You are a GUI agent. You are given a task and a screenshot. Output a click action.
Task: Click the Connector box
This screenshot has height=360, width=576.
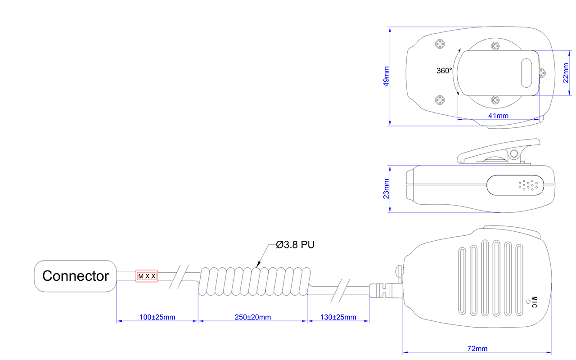click(76, 276)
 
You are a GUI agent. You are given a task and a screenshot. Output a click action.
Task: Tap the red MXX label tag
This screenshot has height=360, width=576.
click(147, 276)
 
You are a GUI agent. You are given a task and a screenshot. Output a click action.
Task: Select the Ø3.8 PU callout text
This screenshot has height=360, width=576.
click(295, 245)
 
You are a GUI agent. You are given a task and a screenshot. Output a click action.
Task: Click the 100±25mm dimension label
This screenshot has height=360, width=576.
click(157, 317)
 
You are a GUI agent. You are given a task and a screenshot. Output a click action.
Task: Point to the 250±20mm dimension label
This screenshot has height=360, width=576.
click(252, 317)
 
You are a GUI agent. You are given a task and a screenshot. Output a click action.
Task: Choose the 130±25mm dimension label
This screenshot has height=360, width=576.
click(338, 317)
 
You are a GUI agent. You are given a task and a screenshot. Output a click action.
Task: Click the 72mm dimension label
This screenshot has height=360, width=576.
click(477, 349)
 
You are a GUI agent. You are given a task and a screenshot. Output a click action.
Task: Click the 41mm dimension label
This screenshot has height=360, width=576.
click(498, 116)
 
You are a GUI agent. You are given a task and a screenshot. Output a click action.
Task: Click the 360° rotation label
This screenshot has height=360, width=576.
click(444, 71)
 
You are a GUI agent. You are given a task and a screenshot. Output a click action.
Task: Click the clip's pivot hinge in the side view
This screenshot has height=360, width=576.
click(513, 155)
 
